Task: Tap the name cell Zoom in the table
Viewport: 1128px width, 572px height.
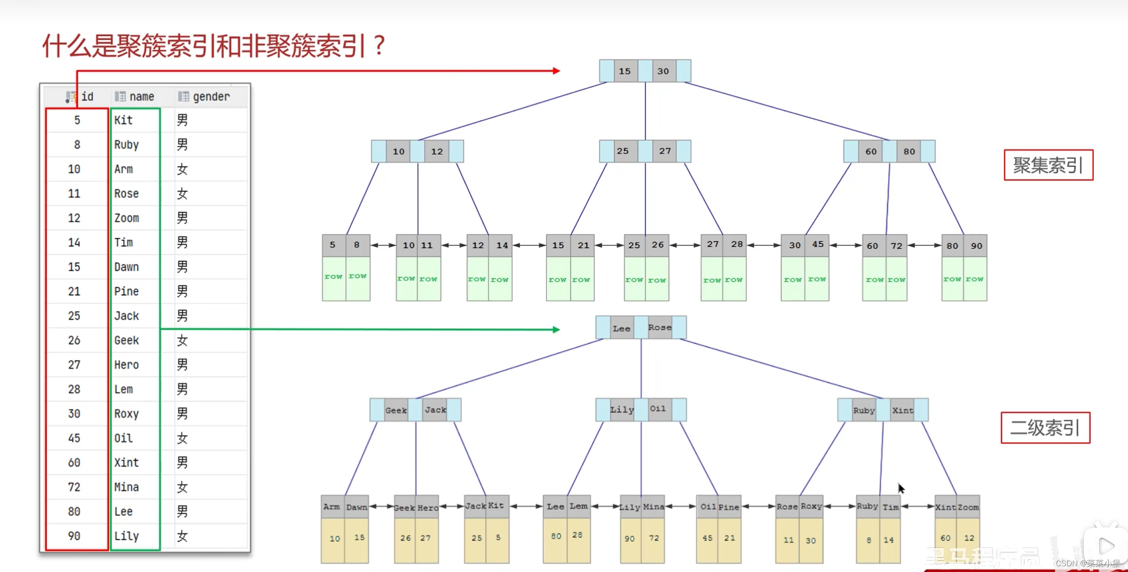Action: click(x=126, y=218)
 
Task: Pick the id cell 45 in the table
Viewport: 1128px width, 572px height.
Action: click(x=74, y=438)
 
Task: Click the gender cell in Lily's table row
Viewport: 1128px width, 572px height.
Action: click(x=182, y=536)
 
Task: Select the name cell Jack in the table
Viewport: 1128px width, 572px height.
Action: click(x=126, y=316)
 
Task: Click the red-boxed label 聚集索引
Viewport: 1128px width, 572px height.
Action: click(x=1048, y=165)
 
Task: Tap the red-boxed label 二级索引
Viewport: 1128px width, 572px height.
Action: click(x=1045, y=428)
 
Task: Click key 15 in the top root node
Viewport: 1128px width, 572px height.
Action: click(x=625, y=71)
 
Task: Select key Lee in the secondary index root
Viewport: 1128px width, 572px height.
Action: click(x=621, y=328)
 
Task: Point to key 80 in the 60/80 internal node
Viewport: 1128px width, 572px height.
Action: click(x=909, y=151)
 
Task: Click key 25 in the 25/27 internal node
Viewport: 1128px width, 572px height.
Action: click(x=623, y=151)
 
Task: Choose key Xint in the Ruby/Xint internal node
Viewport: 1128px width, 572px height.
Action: click(x=902, y=410)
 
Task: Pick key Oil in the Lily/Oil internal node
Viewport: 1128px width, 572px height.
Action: click(x=658, y=409)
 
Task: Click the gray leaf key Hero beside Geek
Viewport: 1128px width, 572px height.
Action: click(x=428, y=507)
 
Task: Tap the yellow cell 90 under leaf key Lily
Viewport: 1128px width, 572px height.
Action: click(x=630, y=539)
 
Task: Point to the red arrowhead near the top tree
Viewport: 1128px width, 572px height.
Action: click(x=556, y=71)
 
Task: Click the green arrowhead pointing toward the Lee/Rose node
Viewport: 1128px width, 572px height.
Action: click(x=556, y=329)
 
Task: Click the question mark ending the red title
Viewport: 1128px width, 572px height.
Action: click(x=379, y=46)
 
